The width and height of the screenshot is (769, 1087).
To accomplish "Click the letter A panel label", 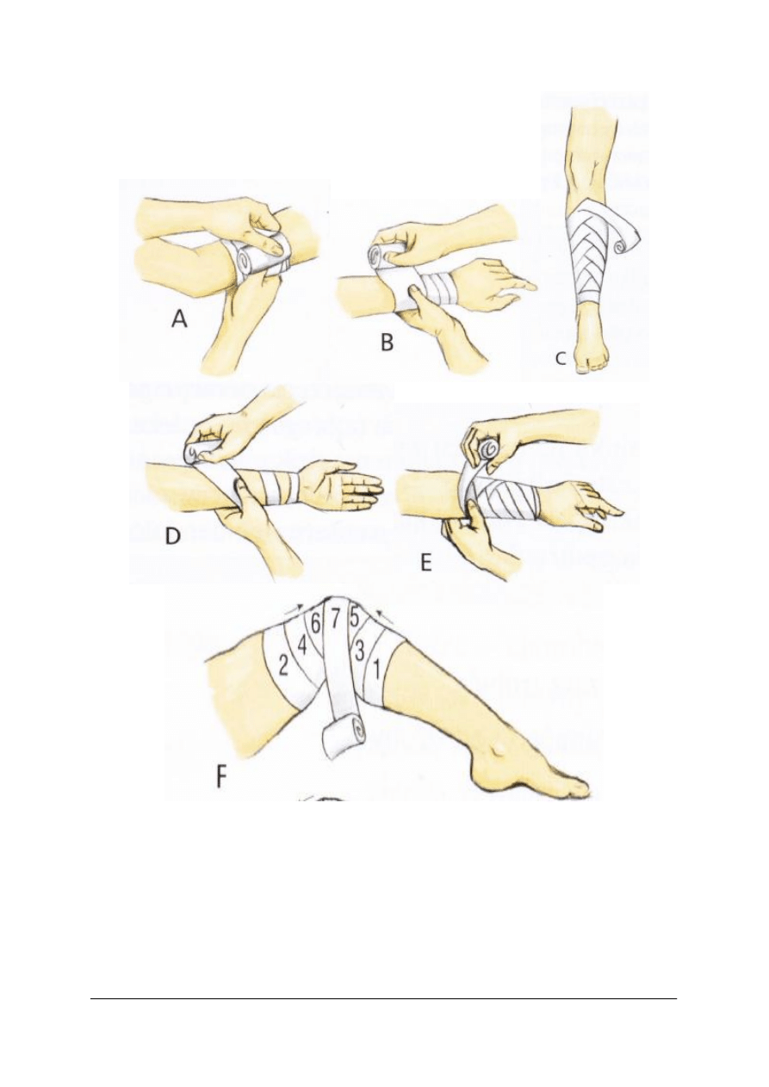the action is pyautogui.click(x=179, y=319).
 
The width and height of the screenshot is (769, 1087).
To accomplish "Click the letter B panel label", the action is pyautogui.click(x=387, y=343).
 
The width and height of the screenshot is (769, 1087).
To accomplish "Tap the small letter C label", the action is pyautogui.click(x=561, y=359).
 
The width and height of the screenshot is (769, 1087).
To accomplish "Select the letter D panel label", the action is pyautogui.click(x=172, y=537).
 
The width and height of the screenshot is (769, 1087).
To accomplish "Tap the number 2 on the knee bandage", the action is pyautogui.click(x=283, y=667).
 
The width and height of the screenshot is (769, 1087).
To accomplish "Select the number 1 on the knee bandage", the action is pyautogui.click(x=375, y=670).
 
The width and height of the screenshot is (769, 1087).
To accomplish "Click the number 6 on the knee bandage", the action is pyautogui.click(x=316, y=624).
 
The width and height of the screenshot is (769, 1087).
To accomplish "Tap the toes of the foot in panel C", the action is pyautogui.click(x=588, y=367).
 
